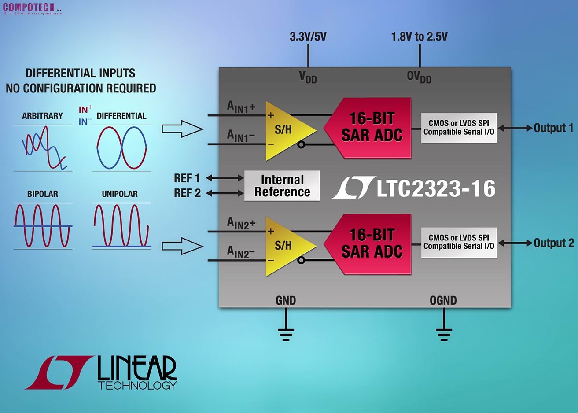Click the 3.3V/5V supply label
[x=308, y=37]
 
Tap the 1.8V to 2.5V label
[x=419, y=37]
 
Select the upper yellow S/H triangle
[x=286, y=129]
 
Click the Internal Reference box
[x=282, y=186]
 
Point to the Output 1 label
[x=553, y=128]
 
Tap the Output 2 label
[x=554, y=243]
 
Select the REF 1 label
[x=187, y=178]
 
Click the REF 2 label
[x=188, y=193]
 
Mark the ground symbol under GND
[x=286, y=333]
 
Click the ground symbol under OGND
[x=444, y=333]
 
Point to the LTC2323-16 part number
[x=435, y=188]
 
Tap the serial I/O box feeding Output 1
[x=459, y=128]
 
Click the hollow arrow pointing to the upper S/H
[x=182, y=129]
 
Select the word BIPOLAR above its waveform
[x=43, y=194]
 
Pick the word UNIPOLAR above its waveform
[x=120, y=194]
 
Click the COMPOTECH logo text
[x=29, y=7]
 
